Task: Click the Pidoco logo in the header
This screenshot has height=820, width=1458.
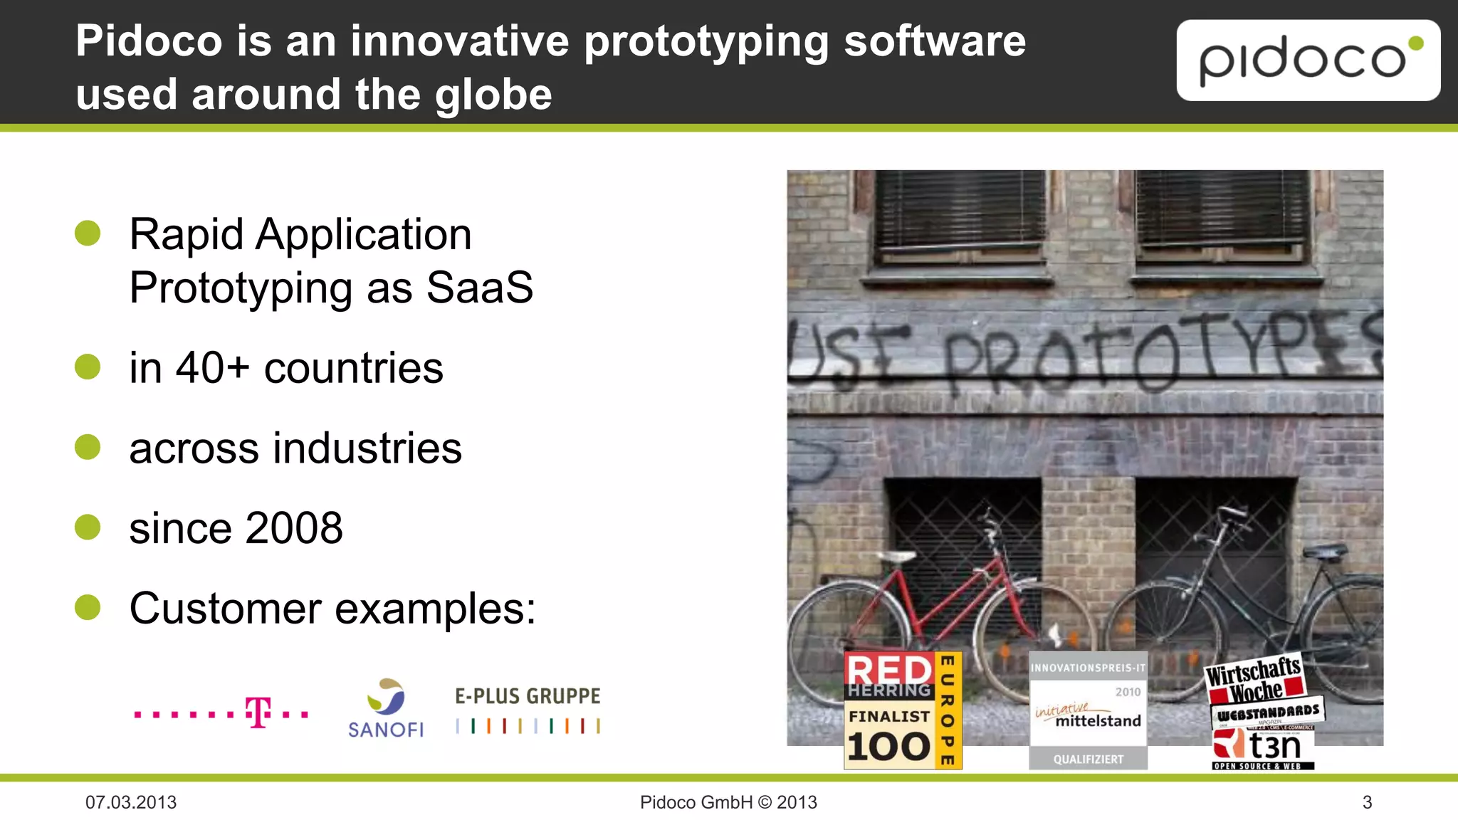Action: (1307, 61)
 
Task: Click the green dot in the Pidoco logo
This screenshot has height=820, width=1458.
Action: (1416, 44)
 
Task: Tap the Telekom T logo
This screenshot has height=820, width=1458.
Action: (258, 712)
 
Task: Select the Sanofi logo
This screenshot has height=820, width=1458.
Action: (386, 708)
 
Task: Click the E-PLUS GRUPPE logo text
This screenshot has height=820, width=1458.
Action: (528, 696)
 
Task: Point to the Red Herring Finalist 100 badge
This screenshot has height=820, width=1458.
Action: (902, 710)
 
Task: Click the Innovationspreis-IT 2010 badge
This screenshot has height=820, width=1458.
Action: (1088, 710)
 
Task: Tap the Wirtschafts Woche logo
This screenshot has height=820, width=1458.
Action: (1254, 678)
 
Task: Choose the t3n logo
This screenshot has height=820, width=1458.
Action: (1263, 748)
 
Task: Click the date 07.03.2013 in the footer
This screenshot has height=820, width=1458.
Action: (131, 802)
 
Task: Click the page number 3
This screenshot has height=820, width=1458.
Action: (1367, 802)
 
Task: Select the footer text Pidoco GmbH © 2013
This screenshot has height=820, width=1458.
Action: (728, 802)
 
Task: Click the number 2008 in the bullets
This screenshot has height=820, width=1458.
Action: (294, 528)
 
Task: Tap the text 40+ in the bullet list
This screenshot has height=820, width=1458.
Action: (212, 368)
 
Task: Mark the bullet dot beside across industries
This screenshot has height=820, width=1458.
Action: (88, 447)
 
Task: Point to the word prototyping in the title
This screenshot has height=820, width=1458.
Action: (706, 41)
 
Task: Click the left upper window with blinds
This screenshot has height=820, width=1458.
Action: (959, 217)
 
